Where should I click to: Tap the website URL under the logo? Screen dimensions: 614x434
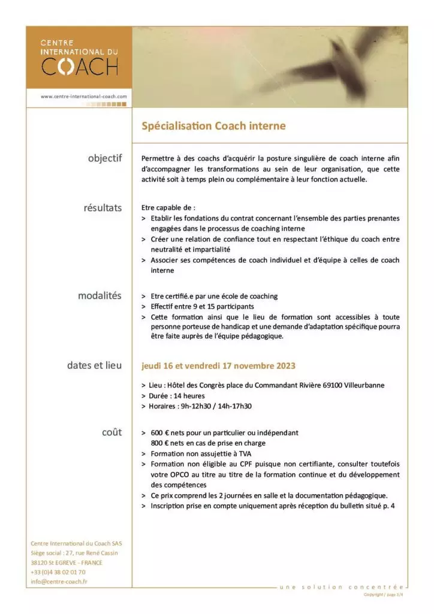(84, 96)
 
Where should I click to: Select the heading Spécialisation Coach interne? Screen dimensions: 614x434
(213, 126)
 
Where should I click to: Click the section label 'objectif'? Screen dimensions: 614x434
(104, 158)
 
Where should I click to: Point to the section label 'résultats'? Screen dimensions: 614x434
(103, 208)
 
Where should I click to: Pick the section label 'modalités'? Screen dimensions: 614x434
(100, 296)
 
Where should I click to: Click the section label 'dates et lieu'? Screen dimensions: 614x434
(94, 365)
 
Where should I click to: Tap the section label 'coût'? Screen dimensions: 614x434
(111, 432)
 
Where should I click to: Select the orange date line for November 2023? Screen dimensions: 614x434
(218, 365)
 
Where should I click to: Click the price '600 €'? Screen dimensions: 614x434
(161, 432)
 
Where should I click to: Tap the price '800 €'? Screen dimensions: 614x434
(161, 443)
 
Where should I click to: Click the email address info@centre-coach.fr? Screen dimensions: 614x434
(59, 581)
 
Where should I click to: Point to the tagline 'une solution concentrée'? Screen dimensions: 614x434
(341, 586)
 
